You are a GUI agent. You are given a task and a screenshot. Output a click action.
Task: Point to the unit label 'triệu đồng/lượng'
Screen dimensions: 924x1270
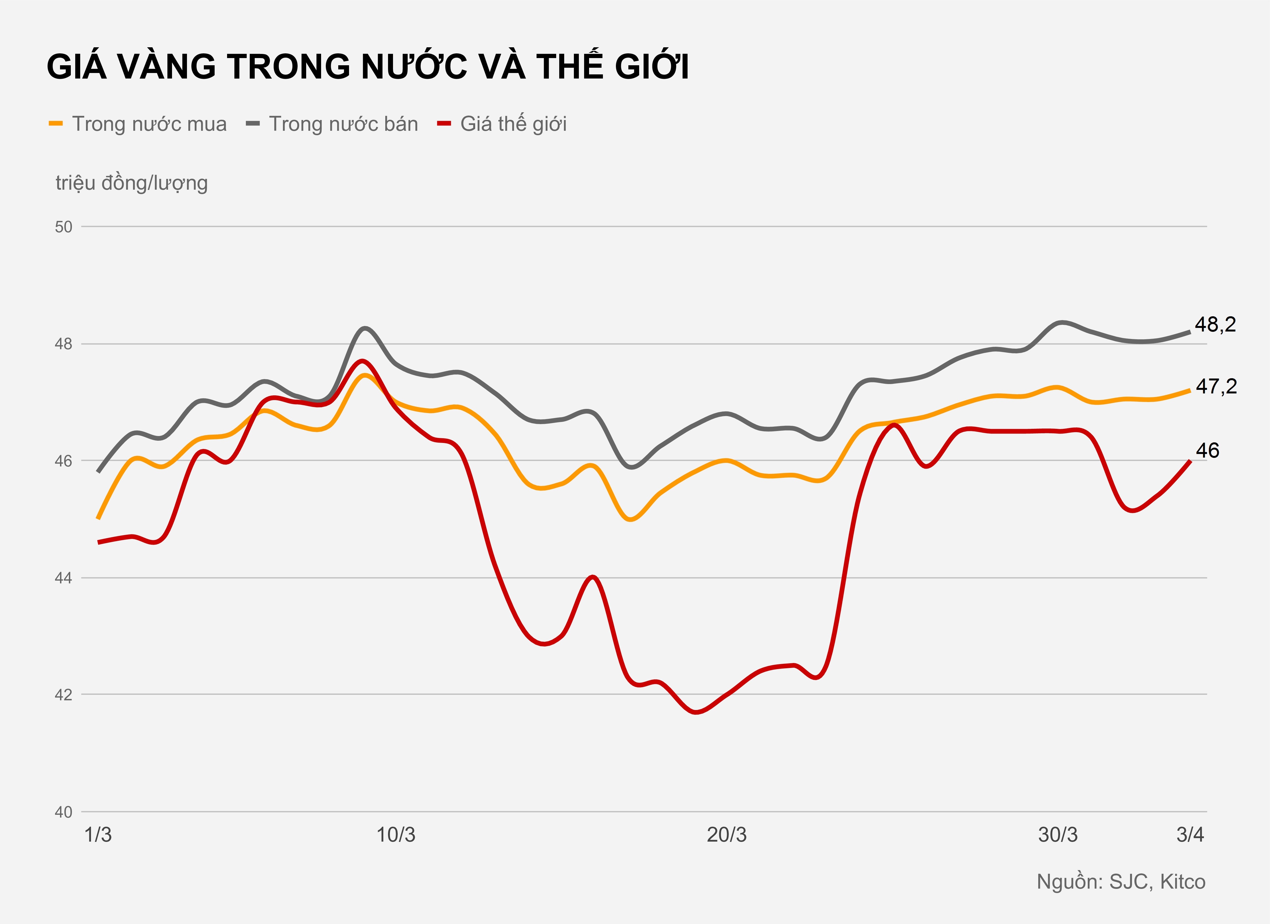point(132,183)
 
